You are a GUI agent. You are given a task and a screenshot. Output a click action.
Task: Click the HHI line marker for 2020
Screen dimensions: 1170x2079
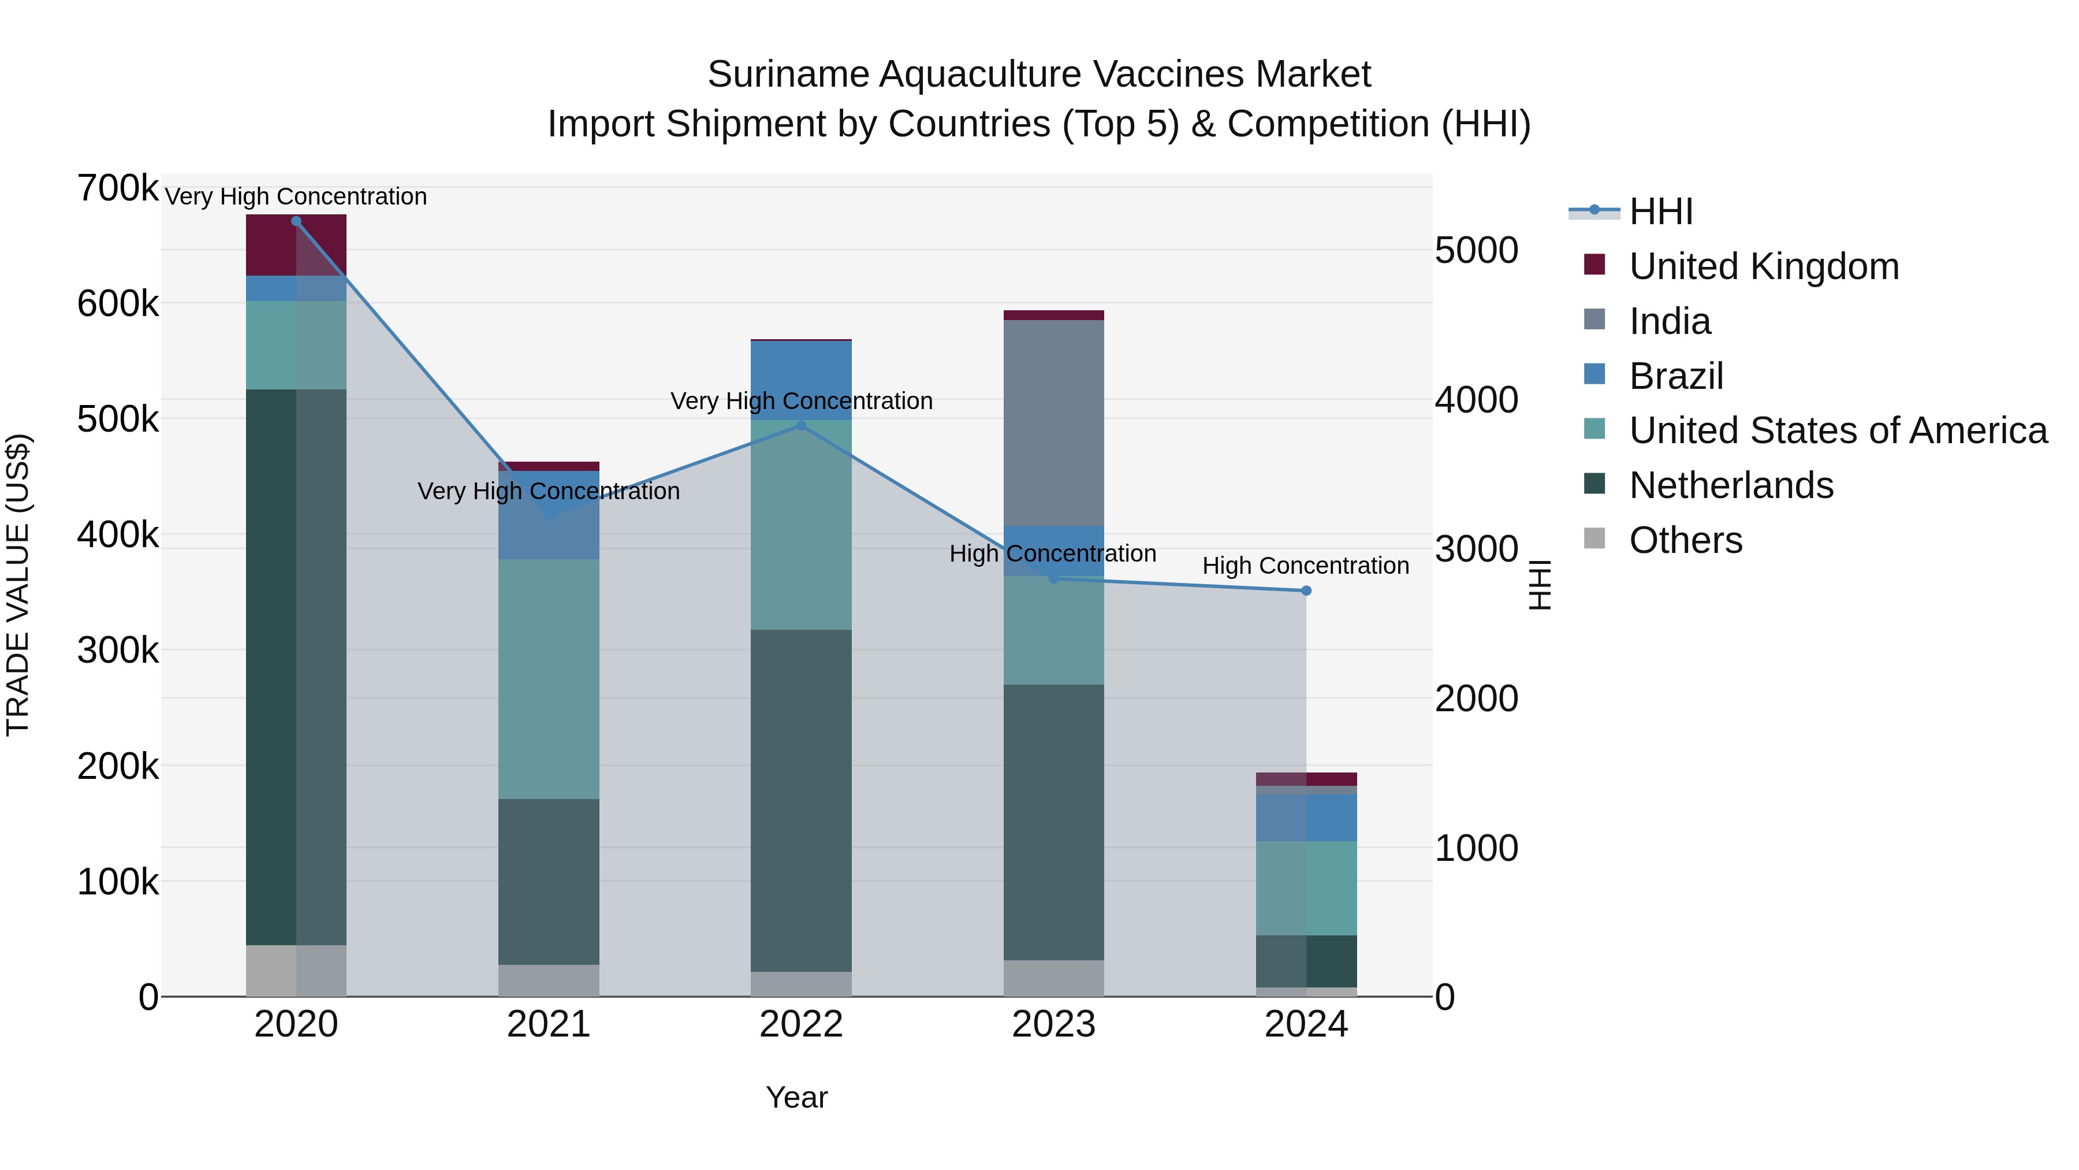tap(296, 221)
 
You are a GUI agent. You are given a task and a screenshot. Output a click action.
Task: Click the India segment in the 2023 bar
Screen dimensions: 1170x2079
tap(1053, 422)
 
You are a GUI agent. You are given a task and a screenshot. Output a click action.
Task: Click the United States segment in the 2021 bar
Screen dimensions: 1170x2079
tap(549, 678)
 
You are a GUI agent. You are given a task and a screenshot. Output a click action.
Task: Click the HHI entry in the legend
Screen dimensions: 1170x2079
tap(1660, 211)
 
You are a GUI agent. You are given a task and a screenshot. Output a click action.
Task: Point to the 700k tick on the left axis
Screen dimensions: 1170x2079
tap(118, 189)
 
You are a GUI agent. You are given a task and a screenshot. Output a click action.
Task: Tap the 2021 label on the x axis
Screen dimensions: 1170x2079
tap(549, 1024)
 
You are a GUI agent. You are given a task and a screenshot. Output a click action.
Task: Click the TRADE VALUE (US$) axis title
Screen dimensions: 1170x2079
tap(18, 585)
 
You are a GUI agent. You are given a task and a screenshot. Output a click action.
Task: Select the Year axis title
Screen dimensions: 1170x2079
tap(796, 1097)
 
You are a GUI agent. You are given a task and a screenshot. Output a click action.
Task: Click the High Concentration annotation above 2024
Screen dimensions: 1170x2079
tap(1305, 566)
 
